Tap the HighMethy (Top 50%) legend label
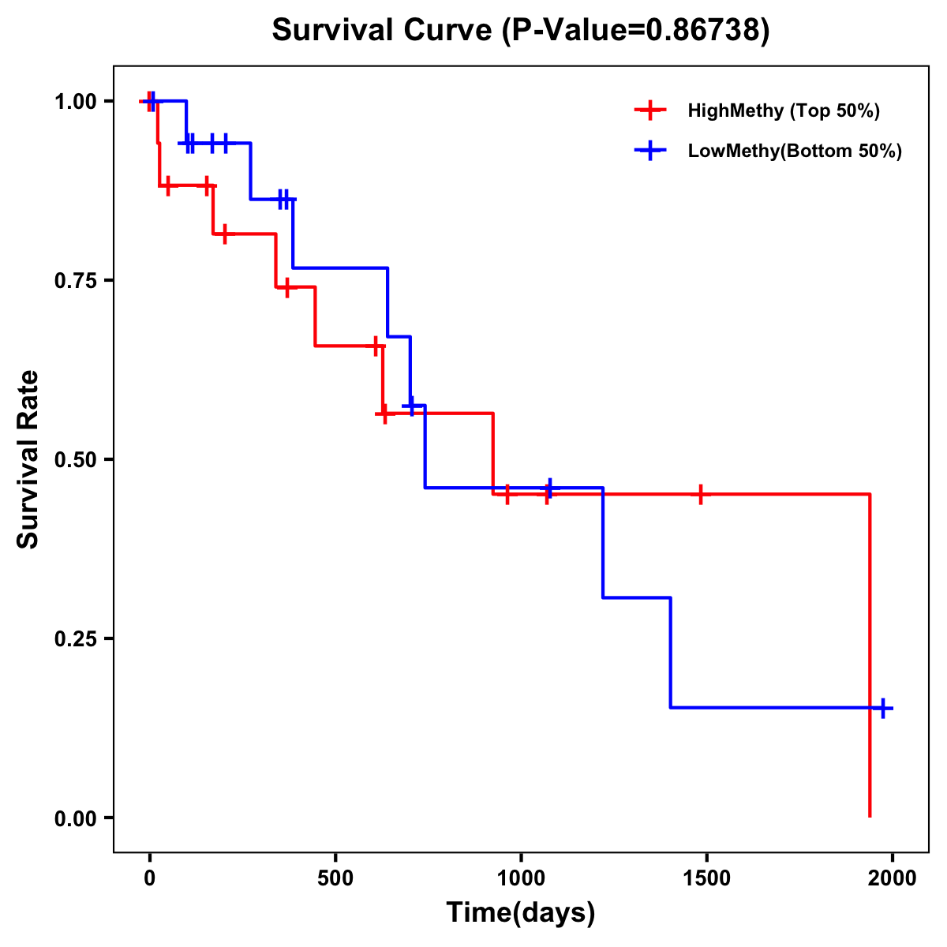(783, 110)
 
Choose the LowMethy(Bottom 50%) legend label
(794, 151)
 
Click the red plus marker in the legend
(649, 110)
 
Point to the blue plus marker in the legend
(649, 151)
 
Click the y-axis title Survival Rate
(28, 459)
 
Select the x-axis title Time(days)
(521, 912)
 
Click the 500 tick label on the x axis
(335, 878)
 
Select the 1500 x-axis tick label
(706, 878)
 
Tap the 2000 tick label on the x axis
(892, 878)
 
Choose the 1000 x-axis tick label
(521, 878)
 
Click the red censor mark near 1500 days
(700, 495)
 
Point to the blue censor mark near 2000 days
(883, 708)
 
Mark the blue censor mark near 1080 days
(549, 487)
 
